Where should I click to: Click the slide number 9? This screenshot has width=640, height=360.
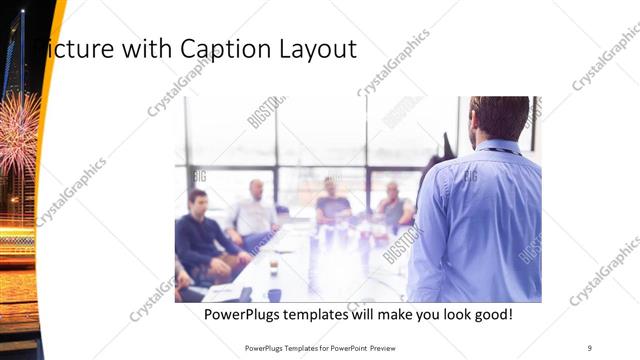coord(589,347)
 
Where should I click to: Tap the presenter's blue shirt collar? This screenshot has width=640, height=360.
coord(498,147)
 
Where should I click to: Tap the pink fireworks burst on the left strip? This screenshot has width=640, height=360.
coord(17,136)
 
